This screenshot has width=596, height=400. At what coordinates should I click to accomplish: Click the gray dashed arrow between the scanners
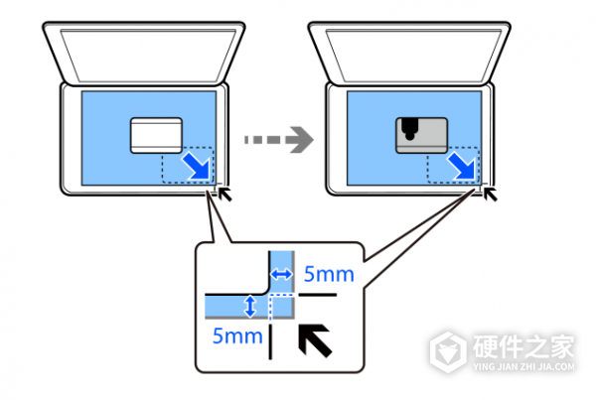tap(273, 140)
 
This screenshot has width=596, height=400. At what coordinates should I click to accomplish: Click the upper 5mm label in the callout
tap(327, 273)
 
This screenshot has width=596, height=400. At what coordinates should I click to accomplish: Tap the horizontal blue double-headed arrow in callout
tap(282, 273)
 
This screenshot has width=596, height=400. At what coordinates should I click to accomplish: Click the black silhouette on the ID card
tap(409, 127)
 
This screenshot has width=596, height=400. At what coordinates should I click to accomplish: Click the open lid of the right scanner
tap(411, 55)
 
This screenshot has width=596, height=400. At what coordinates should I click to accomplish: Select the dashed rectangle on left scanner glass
tap(189, 166)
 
